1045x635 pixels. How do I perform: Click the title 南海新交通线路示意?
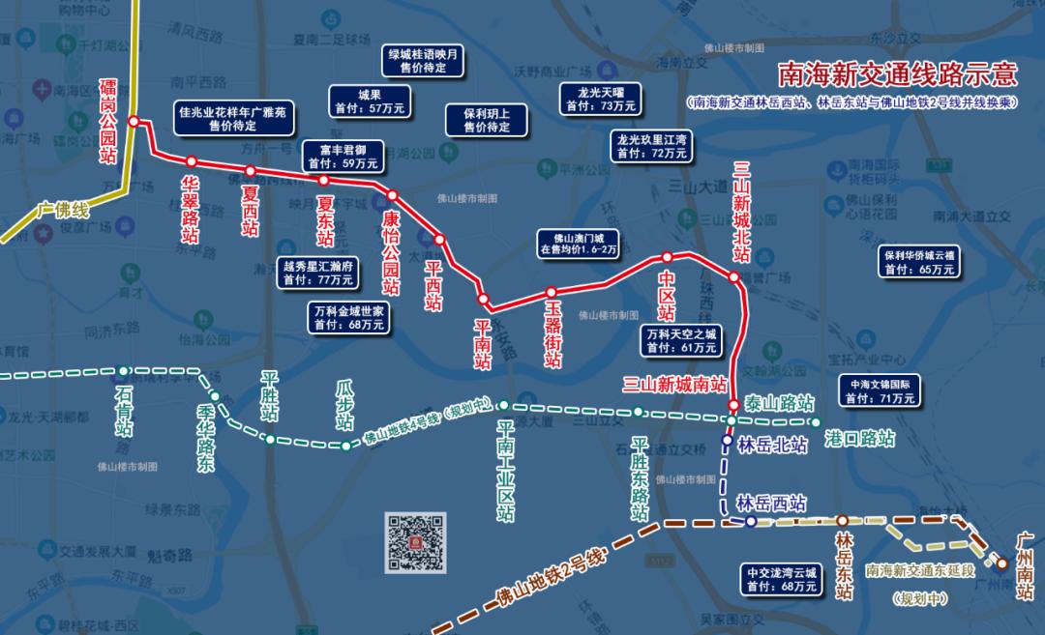coord(898,74)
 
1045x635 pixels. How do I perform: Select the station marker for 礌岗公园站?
coord(134,122)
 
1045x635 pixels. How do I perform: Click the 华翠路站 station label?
coord(191,208)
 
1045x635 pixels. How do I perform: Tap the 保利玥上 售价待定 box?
coord(486,120)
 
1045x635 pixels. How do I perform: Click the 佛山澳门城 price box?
coord(578,244)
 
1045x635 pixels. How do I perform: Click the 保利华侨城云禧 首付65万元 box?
coord(918,262)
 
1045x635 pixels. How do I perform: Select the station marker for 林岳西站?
coord(751,522)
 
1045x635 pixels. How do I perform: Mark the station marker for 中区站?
coord(667,257)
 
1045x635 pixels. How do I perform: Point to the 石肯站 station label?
coord(124,412)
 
